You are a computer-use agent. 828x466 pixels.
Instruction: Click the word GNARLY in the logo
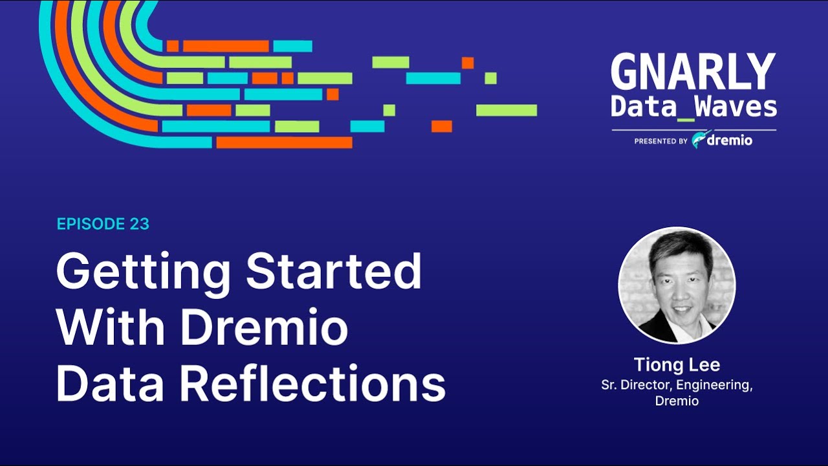(693, 72)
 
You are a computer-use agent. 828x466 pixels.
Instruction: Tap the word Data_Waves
(693, 107)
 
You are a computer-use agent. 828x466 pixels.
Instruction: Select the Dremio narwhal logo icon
(699, 140)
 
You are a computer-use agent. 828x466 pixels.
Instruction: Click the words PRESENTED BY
(660, 140)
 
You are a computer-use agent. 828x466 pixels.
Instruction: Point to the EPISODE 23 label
(103, 224)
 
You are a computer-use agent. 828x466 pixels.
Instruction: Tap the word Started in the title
(334, 271)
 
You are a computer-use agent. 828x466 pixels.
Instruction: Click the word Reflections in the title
(312, 384)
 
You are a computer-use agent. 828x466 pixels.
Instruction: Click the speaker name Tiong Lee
(677, 364)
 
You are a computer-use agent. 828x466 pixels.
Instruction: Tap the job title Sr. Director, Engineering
(677, 385)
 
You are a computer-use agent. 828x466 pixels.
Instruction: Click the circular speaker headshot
(677, 285)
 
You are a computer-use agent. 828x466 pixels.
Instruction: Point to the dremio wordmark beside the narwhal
(730, 140)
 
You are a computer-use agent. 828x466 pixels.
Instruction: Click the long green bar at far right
(507, 110)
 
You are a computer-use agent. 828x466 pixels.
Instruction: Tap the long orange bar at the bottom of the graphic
(284, 142)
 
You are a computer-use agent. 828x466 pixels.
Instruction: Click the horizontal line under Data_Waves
(693, 130)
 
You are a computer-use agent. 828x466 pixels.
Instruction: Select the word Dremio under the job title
(677, 401)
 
